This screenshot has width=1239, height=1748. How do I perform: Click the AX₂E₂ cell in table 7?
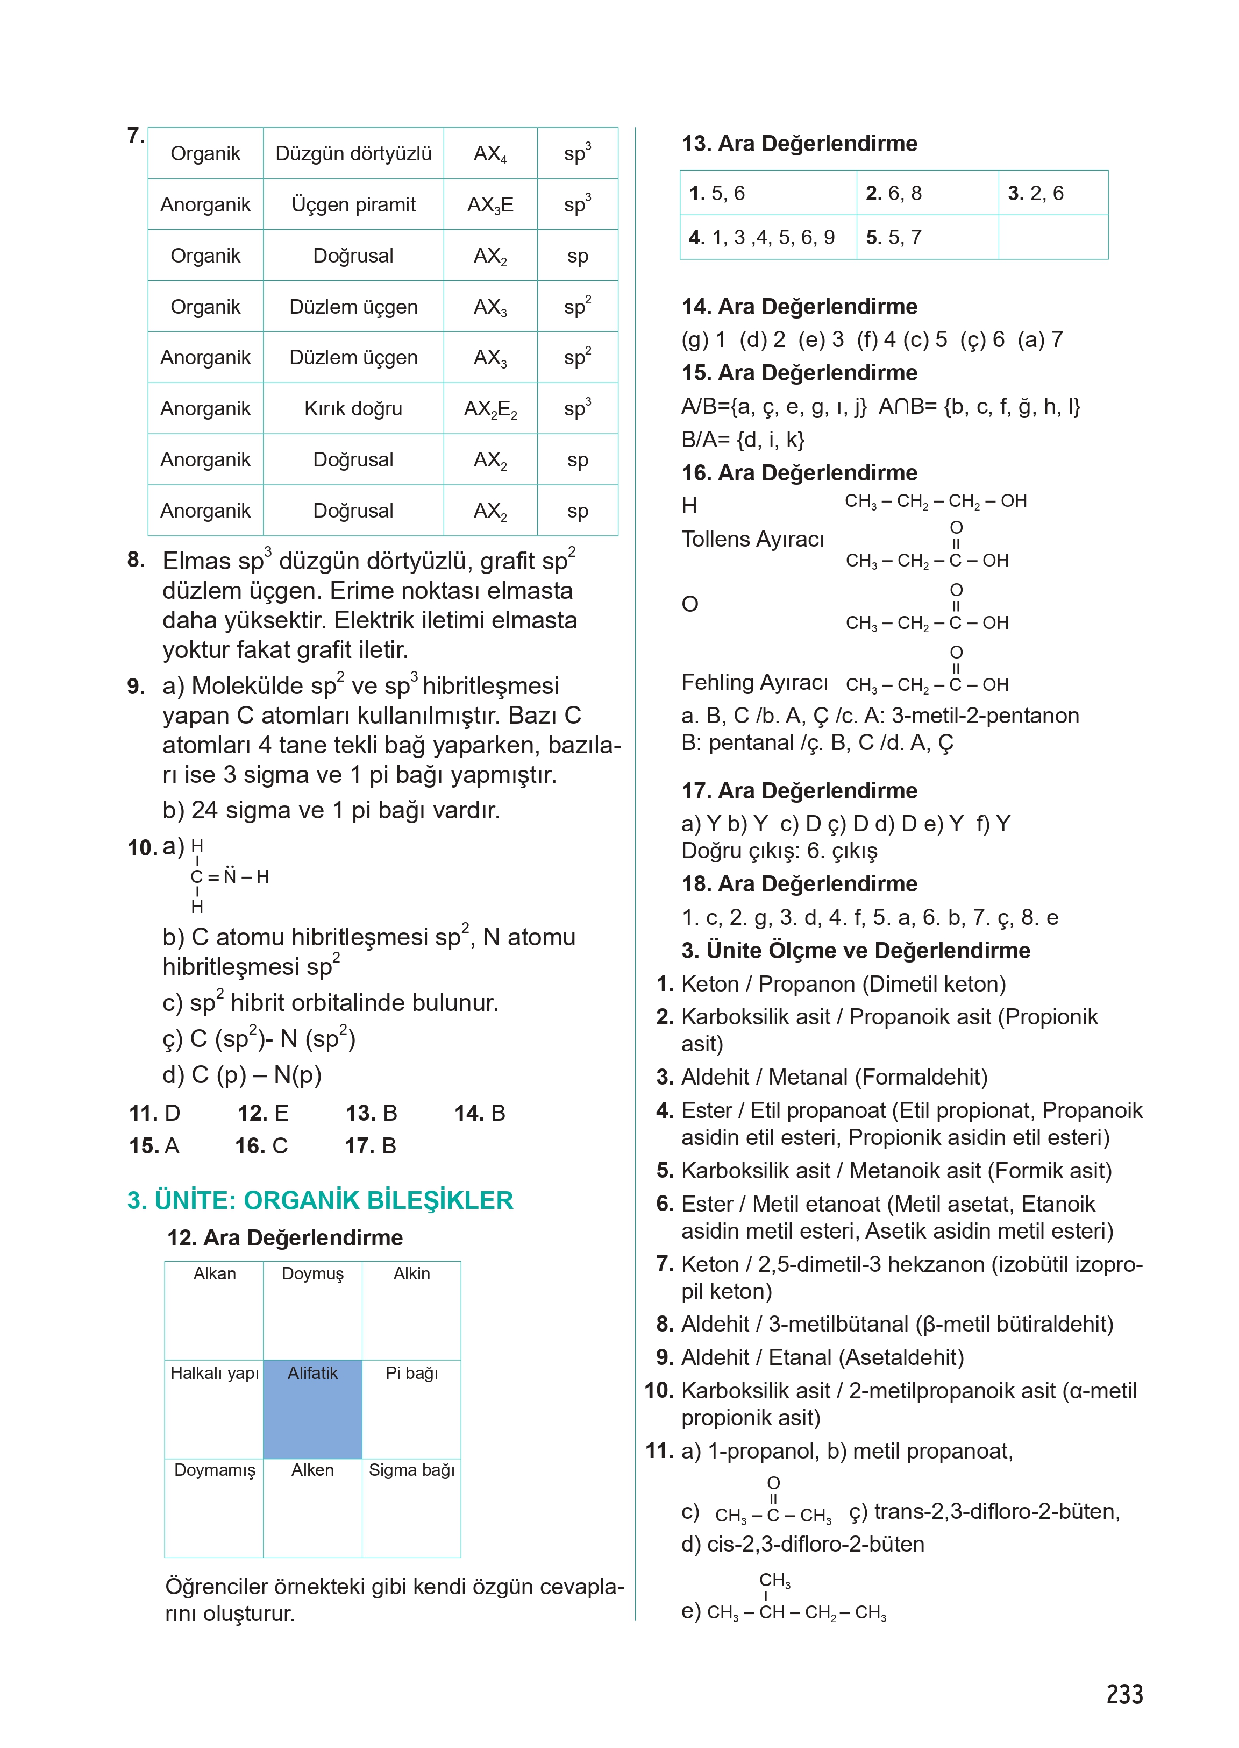pyautogui.click(x=490, y=409)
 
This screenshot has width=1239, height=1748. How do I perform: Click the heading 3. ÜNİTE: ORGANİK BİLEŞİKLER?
pyautogui.click(x=319, y=1200)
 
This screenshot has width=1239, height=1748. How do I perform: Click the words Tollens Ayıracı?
pyautogui.click(x=752, y=539)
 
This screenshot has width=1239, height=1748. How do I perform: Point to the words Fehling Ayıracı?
pyautogui.click(x=754, y=682)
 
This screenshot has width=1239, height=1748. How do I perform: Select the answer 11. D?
pyautogui.click(x=155, y=1113)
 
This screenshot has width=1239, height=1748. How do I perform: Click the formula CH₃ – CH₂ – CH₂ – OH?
pyautogui.click(x=935, y=501)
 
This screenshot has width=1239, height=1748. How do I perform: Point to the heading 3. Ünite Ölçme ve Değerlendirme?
pyautogui.click(x=855, y=950)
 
